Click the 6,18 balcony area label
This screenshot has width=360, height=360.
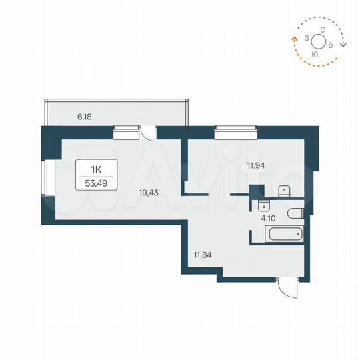[84, 117]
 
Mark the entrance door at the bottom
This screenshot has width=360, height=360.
[287, 287]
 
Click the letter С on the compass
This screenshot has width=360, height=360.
[322, 29]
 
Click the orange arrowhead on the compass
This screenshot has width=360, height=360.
[294, 39]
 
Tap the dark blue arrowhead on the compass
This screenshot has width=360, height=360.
[343, 45]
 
